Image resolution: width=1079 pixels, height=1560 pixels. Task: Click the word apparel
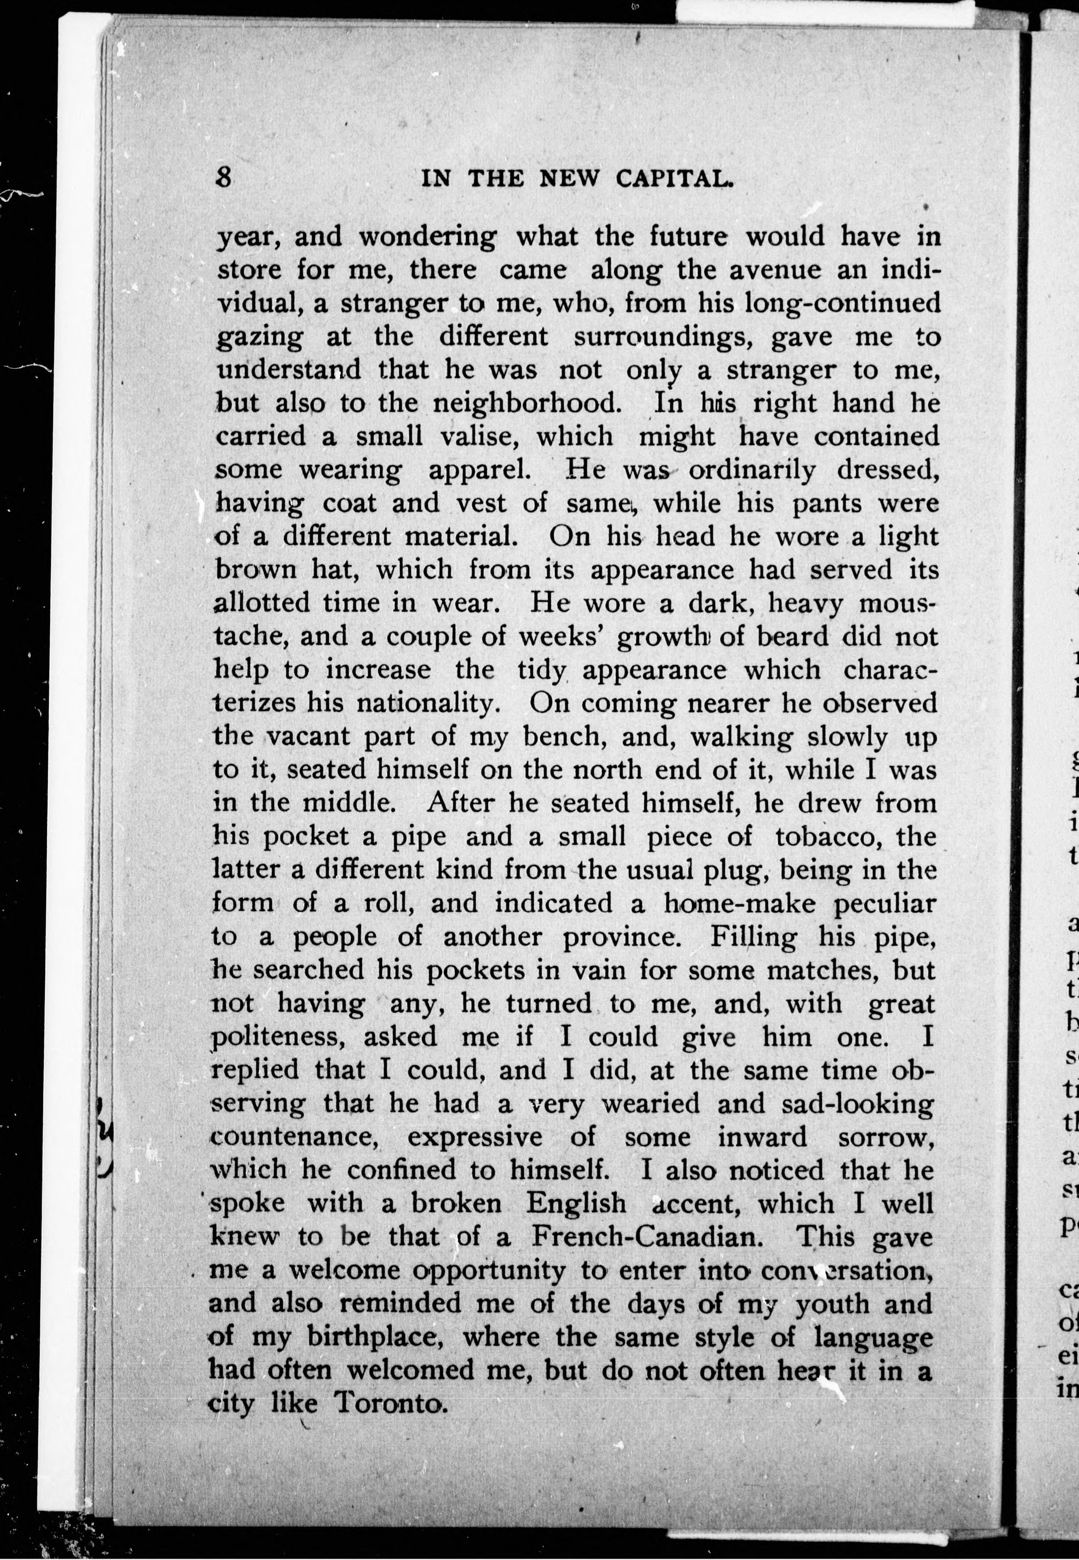478,470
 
